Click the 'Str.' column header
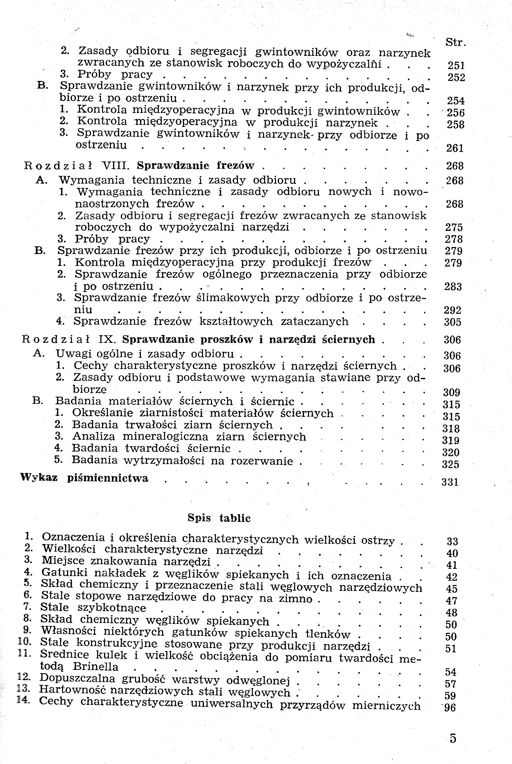pos(456,43)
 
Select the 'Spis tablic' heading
pos(219,518)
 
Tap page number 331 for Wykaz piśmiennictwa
pos(450,482)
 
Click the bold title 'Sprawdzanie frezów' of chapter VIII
pos(195,165)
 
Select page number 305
pos(452,322)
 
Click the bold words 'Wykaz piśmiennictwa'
pos(84,478)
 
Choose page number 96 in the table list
pos(450,708)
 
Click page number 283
pos(453,286)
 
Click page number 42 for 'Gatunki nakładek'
pos(451,577)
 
